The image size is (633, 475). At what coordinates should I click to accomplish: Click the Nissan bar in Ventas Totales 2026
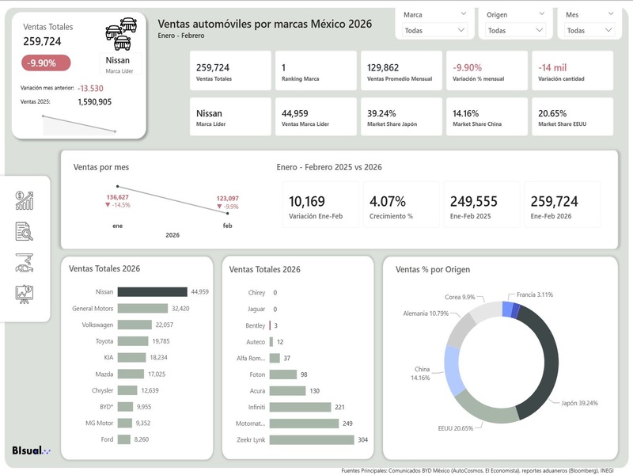(152, 292)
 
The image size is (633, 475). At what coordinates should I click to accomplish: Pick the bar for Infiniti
(300, 407)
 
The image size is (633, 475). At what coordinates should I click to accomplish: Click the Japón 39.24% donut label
(579, 403)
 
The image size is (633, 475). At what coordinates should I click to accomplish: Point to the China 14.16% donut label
(421, 374)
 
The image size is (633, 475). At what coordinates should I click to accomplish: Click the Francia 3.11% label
(535, 294)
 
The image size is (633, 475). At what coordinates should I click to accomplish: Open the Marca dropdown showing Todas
(435, 30)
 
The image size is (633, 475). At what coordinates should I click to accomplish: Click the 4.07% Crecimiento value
(387, 201)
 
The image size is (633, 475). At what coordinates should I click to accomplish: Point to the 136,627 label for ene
(117, 197)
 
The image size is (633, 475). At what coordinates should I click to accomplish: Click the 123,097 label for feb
(227, 199)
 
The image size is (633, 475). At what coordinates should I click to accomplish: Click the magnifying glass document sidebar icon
(25, 231)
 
